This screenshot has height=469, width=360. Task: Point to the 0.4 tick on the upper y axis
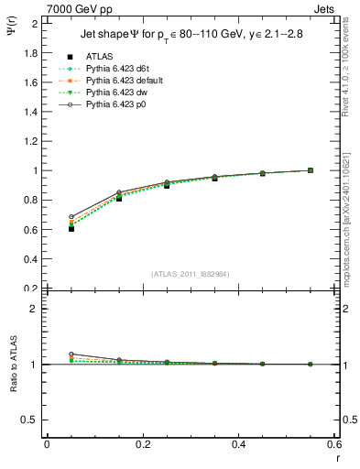pos(28,258)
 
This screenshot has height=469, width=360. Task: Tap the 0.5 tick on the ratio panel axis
pos(28,420)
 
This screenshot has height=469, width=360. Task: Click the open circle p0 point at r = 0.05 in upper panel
pos(46,217)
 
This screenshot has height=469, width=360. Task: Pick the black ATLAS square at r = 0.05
pos(46,228)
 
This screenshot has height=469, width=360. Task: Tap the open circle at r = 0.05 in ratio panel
pos(46,354)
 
